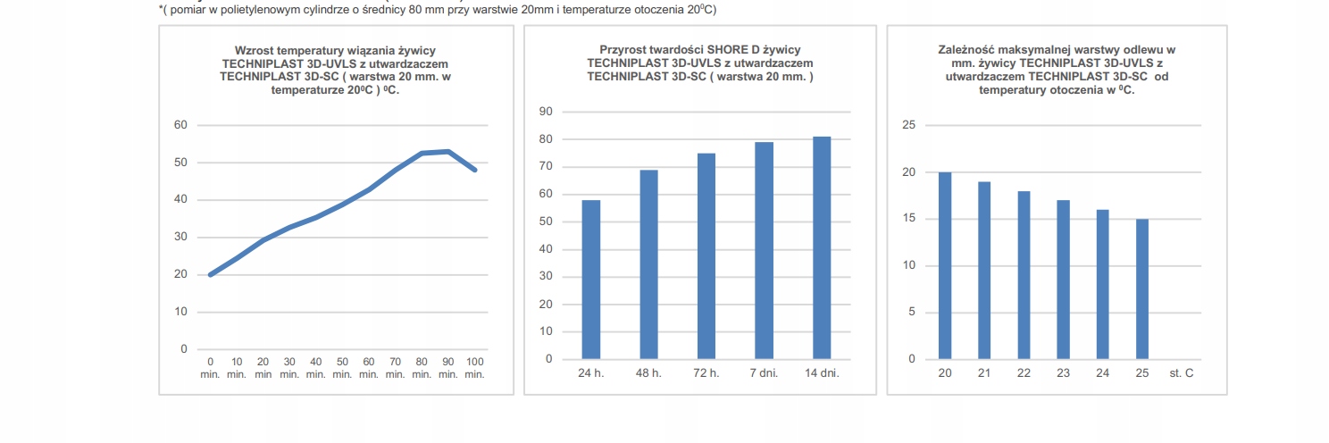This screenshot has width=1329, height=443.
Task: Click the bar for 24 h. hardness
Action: coord(591,280)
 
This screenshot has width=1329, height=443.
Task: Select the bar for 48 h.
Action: coord(648,264)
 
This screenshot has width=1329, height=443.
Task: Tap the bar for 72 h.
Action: coord(706,256)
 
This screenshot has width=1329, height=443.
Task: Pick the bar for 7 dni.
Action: coord(764,250)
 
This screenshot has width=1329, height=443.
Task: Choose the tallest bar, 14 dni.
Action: coord(822,247)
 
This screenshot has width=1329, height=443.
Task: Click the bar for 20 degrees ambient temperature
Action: coord(945,265)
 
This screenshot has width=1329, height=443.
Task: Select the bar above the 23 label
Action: coord(1063,280)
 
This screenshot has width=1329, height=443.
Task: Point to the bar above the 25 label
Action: coord(1142,288)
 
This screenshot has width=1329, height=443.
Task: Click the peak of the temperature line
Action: coord(448,152)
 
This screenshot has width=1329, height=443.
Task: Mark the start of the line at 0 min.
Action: coord(211,274)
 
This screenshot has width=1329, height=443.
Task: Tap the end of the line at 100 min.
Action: coord(475,170)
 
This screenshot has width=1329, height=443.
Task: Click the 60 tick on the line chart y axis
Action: coord(180,125)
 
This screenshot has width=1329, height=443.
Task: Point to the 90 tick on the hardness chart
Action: coord(546,112)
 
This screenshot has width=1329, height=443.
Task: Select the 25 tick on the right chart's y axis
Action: coord(909,125)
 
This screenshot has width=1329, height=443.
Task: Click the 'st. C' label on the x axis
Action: coord(1181,372)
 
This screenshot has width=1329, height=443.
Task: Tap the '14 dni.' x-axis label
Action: coord(822,372)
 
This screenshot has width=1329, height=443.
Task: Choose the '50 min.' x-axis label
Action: coord(342,367)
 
